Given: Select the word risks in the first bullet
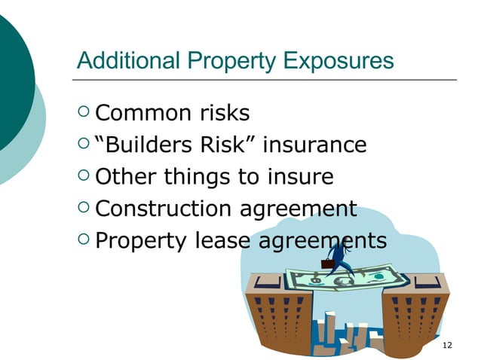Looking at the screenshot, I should (x=223, y=113).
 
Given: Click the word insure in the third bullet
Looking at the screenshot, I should (x=300, y=177).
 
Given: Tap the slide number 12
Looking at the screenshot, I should (x=448, y=345).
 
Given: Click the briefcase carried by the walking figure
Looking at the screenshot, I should (x=327, y=264).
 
